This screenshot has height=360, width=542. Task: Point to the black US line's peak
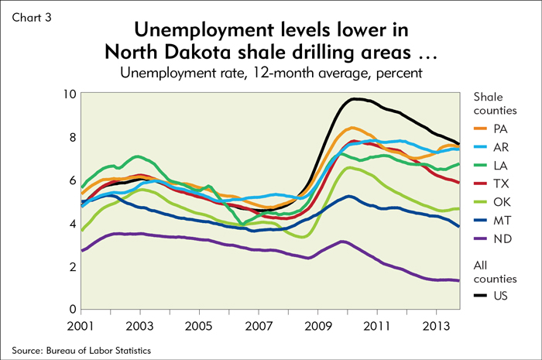point(355,98)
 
